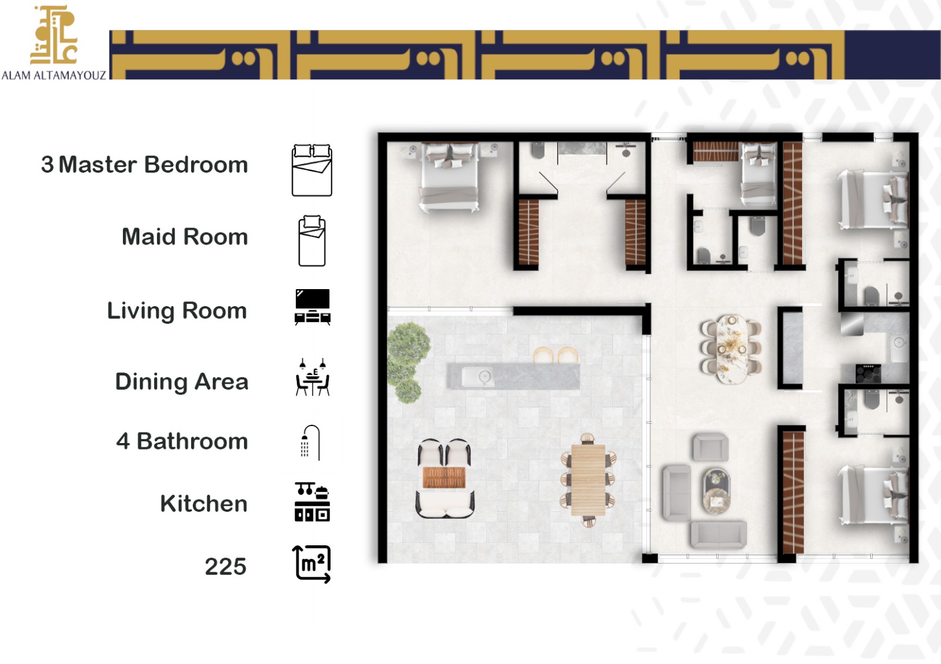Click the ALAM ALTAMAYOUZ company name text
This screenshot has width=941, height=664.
54,76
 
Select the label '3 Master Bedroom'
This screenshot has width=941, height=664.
145,165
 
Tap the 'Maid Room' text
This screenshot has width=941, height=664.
185,237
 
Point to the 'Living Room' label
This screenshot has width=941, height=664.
177,311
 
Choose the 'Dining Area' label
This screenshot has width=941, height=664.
182,382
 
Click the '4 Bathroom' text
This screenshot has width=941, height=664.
182,441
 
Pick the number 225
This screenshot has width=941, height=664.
226,566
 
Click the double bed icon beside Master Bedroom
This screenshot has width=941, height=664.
312,170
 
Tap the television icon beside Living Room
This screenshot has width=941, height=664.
312,307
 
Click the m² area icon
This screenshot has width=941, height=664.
312,565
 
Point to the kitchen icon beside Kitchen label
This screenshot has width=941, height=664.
312,502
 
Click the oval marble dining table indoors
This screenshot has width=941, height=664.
732,349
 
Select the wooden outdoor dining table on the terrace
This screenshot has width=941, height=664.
588,480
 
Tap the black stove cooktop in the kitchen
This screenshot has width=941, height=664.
868,374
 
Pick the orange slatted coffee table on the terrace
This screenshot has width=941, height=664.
444,478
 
